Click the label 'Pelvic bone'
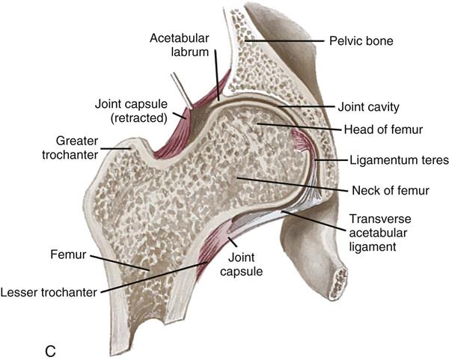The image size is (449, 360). (361, 41)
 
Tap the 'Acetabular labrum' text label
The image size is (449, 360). (180, 45)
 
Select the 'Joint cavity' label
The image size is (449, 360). (368, 107)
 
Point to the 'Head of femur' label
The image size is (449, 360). (383, 129)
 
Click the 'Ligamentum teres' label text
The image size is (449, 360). (399, 160)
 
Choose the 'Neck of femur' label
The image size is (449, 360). (391, 190)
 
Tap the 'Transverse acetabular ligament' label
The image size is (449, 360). (380, 233)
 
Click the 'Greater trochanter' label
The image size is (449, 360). (70, 147)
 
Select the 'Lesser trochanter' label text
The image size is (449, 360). (49, 293)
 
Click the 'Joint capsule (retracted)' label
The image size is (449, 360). (131, 111)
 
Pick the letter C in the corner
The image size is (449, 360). (50, 351)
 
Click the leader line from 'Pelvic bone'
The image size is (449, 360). (284, 41)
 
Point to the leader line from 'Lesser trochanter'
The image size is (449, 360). (153, 278)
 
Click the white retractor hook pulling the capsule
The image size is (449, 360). (181, 90)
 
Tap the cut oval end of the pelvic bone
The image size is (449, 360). (338, 283)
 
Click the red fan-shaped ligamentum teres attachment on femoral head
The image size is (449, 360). (299, 141)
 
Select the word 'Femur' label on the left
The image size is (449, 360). (68, 254)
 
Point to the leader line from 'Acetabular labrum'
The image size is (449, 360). (217, 75)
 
